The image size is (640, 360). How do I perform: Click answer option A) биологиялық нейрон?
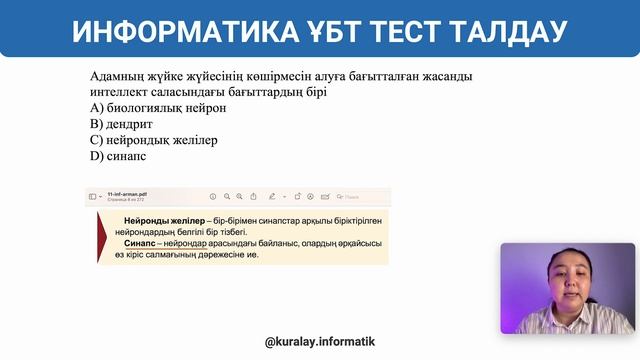pyautogui.click(x=146, y=107)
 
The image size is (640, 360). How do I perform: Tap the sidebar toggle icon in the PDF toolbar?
pyautogui.click(x=93, y=196)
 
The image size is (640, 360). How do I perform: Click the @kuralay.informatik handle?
pyautogui.click(x=320, y=341)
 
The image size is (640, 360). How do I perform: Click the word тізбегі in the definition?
pyautogui.click(x=254, y=231)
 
